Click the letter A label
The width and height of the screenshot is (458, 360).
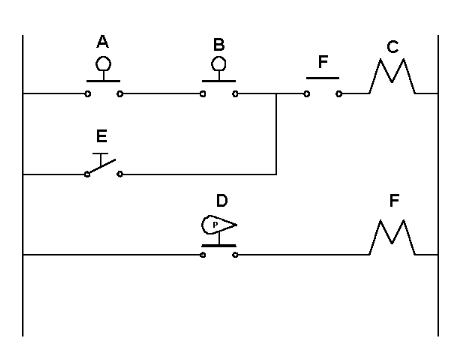[x=102, y=42]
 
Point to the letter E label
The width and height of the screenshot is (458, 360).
[x=102, y=134]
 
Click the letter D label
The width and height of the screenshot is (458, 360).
[x=221, y=200]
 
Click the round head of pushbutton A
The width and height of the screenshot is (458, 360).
[x=102, y=63]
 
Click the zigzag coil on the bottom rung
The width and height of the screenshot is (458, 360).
[x=391, y=241]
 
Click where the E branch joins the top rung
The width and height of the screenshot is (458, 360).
[x=276, y=94]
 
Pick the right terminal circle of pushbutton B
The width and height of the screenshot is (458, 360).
[x=236, y=94]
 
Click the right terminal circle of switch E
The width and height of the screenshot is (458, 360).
[x=119, y=174]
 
